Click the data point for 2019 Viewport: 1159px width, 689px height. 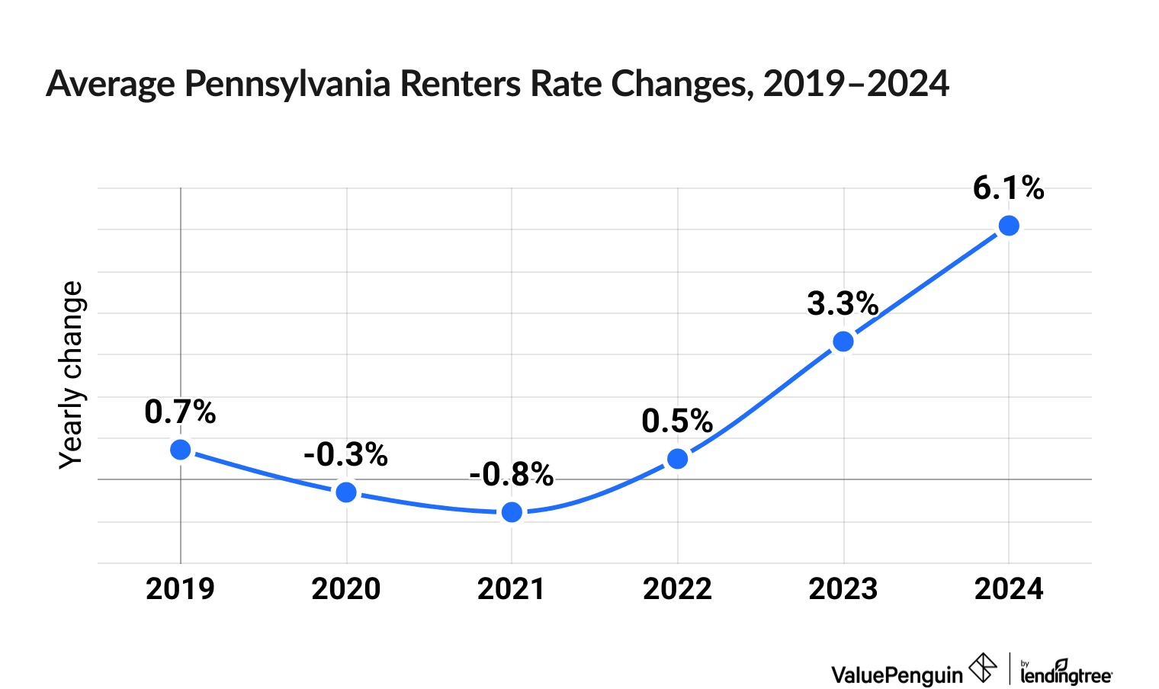[181, 450]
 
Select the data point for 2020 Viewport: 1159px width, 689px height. [346, 492]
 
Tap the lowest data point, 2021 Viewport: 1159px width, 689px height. [512, 512]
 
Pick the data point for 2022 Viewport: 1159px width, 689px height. [678, 459]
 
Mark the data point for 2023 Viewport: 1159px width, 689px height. [843, 341]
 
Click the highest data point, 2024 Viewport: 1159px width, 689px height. [1009, 226]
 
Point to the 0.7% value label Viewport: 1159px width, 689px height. [181, 412]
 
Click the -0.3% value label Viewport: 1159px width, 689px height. [346, 455]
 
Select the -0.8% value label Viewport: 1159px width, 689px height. [512, 475]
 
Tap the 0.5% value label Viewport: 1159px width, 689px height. [678, 421]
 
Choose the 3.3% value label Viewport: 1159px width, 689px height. [843, 304]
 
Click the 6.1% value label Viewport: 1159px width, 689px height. [1009, 188]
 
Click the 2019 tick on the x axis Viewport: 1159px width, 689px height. [181, 589]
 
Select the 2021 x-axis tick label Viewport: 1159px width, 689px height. [512, 589]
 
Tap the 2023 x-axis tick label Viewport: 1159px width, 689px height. [843, 589]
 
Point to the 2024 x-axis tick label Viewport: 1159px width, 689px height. [1009, 589]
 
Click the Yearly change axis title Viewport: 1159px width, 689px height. [72, 375]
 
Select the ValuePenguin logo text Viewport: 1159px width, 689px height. [897, 674]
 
